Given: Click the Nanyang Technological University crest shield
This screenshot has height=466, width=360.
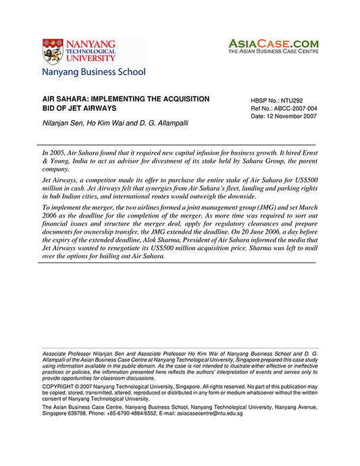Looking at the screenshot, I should coord(52,51).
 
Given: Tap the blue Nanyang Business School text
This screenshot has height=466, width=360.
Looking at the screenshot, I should coord(93,72).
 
